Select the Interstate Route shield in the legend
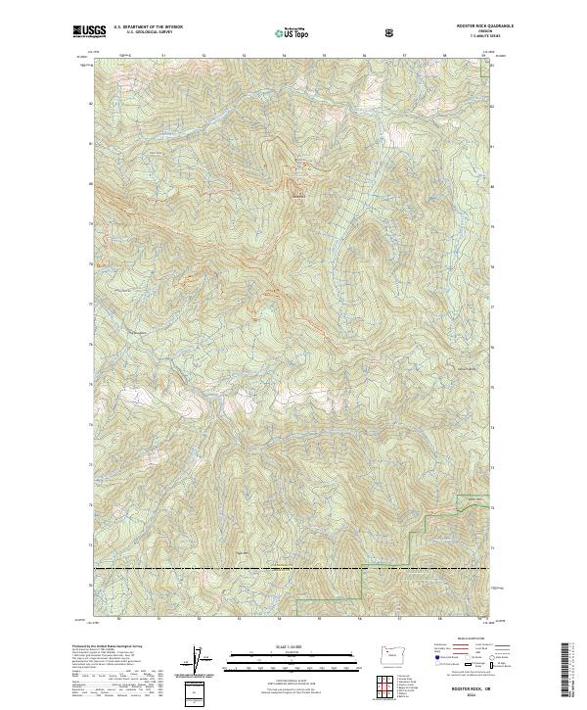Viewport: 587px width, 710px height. click(x=432, y=665)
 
